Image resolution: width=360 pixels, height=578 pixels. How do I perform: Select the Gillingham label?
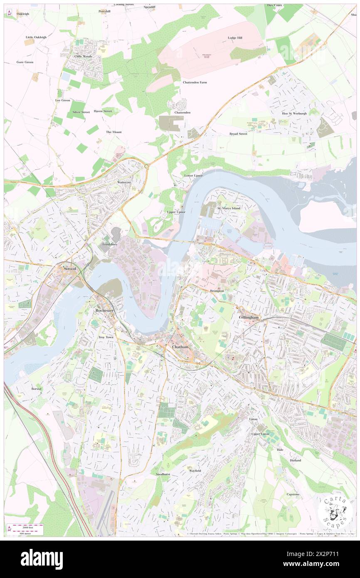tap(249, 317)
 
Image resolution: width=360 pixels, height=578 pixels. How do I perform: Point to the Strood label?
tap(70, 269)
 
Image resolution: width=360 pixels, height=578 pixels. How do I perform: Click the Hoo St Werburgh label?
tap(294, 114)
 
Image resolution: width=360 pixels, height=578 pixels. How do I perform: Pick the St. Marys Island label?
tap(229, 208)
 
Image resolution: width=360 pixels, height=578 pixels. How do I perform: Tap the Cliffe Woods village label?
tap(83, 56)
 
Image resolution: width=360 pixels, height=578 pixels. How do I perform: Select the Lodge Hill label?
tap(235, 38)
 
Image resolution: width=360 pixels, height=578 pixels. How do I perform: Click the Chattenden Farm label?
tap(195, 82)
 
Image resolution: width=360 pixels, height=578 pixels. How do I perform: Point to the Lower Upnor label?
tap(194, 175)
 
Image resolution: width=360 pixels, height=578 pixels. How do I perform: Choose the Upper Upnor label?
tap(176, 212)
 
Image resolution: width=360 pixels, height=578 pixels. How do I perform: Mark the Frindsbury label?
tap(110, 244)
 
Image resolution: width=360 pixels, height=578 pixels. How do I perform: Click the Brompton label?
tap(217, 291)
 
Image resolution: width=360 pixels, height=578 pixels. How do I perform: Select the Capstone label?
tap(293, 494)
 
